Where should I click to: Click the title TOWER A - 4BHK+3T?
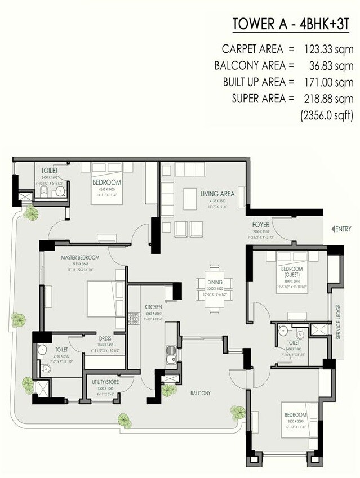pos(292,25)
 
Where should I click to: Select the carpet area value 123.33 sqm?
pos(326,49)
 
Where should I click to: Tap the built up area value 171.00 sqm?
pos(326,82)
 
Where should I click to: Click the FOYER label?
pos(262,225)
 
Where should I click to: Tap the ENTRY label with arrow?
pos(343,229)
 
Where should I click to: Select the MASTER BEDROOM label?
pos(80,257)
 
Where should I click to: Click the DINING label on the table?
pos(215,282)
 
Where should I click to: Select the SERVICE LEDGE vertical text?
pos(339,322)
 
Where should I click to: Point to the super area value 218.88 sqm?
pos(326,99)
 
